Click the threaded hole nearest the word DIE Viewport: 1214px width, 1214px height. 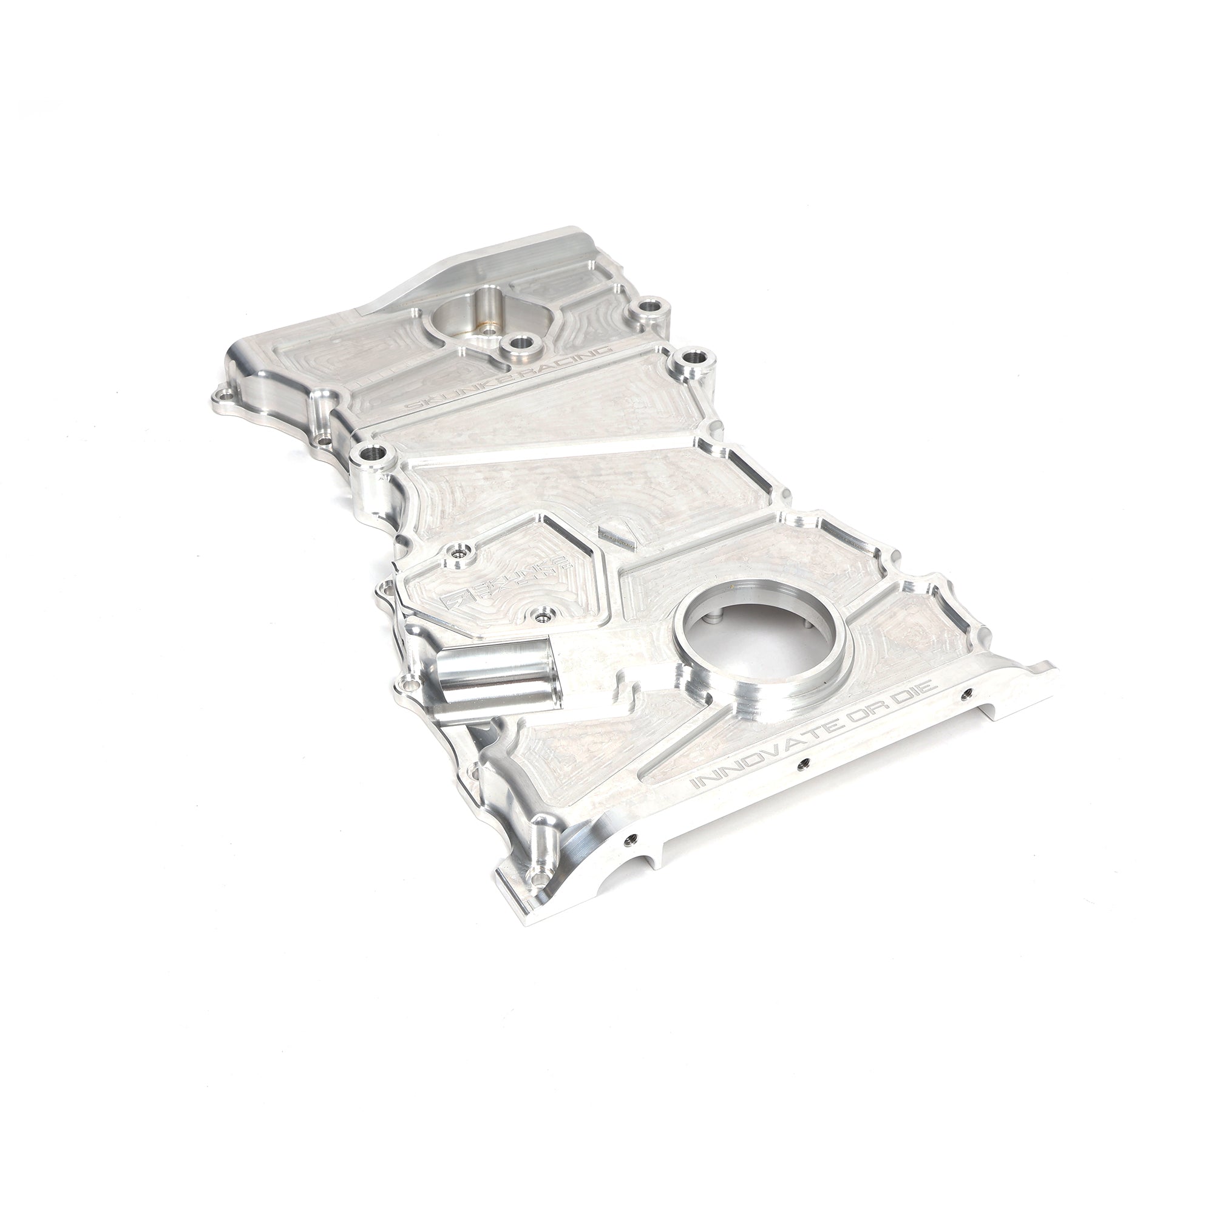tap(966, 693)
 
